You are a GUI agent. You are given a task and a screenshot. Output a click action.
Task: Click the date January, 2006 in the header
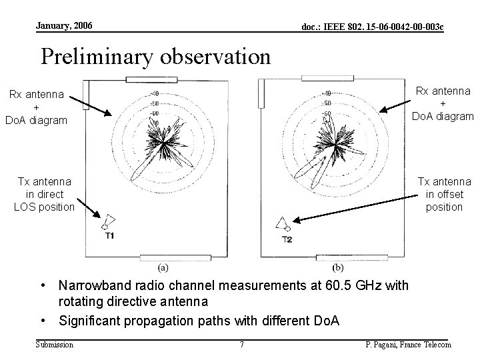(65, 25)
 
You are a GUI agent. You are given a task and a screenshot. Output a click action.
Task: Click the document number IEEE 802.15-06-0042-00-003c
(373, 27)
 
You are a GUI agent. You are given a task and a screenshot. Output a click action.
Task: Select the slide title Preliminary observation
(155, 56)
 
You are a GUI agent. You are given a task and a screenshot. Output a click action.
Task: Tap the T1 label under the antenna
(109, 236)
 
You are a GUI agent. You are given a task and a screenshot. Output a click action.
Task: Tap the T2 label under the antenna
(287, 239)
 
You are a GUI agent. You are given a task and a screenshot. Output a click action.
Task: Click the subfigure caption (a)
(163, 267)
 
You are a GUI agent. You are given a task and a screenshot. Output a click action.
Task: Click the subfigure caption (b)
(338, 267)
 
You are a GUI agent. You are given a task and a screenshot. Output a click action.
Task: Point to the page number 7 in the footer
(241, 345)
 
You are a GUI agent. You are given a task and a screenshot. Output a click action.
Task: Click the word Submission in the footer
(55, 344)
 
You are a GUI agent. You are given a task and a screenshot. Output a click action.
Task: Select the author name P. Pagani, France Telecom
(408, 345)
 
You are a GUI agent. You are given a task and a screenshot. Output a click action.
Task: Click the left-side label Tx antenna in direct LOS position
(45, 194)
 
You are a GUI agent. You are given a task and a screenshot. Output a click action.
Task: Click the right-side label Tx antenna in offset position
(443, 194)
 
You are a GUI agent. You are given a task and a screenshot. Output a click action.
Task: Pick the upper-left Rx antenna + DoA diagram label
(36, 107)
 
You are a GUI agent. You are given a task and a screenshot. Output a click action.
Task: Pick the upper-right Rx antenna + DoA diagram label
(443, 103)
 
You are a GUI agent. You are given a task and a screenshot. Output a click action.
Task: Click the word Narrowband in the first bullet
(94, 286)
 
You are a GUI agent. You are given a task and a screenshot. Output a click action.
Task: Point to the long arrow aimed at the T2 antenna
(354, 207)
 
